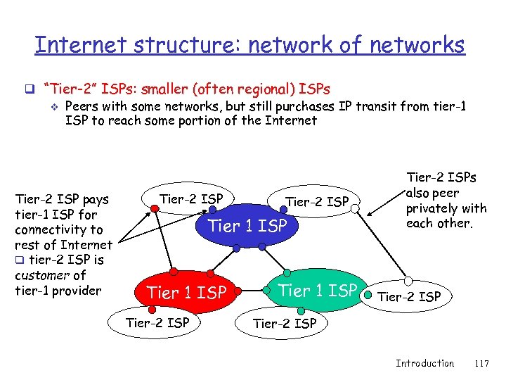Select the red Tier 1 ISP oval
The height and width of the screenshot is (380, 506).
[186, 291]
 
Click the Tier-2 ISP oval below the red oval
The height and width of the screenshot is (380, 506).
[157, 323]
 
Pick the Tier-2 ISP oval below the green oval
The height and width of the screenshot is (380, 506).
[284, 324]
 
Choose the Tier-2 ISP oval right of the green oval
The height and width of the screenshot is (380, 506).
[409, 296]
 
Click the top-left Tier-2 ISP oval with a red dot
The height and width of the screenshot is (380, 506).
[191, 199]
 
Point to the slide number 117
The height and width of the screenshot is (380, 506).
[481, 363]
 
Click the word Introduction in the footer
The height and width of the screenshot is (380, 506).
[424, 363]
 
